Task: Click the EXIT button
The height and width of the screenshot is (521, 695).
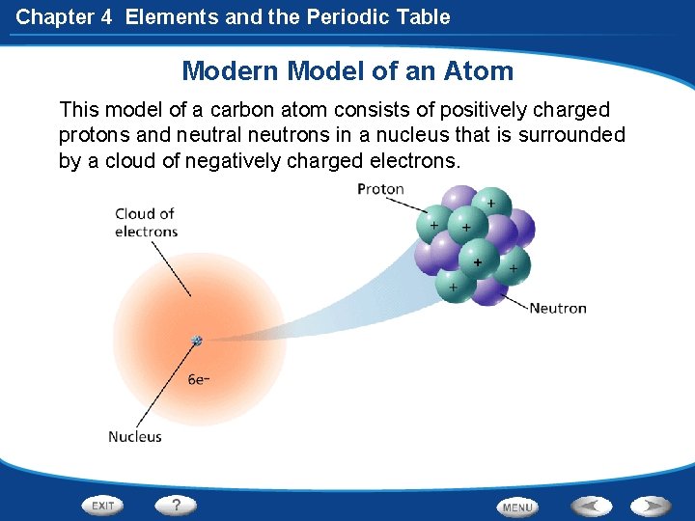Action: coord(103,506)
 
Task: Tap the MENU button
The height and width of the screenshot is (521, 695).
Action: coord(517,507)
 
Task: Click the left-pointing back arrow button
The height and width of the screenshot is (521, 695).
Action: coord(591,506)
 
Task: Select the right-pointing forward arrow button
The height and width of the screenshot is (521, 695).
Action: coord(652,506)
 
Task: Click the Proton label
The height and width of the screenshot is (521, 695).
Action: coord(380,189)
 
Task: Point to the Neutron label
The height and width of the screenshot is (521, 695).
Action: coord(557,309)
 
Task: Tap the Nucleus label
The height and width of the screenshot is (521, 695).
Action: coord(135,437)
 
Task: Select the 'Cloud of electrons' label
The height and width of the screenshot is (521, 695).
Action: coord(146,223)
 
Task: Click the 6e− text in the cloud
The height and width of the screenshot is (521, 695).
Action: coord(200,380)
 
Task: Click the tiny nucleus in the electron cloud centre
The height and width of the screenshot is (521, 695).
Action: coord(197,341)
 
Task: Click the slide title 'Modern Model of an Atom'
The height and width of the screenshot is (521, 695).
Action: coord(347,71)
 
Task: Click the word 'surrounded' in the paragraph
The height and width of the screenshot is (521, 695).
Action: coord(572,135)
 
